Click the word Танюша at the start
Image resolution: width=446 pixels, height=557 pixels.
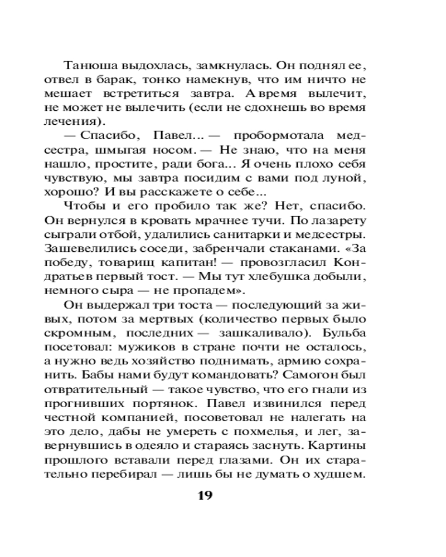(90, 66)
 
